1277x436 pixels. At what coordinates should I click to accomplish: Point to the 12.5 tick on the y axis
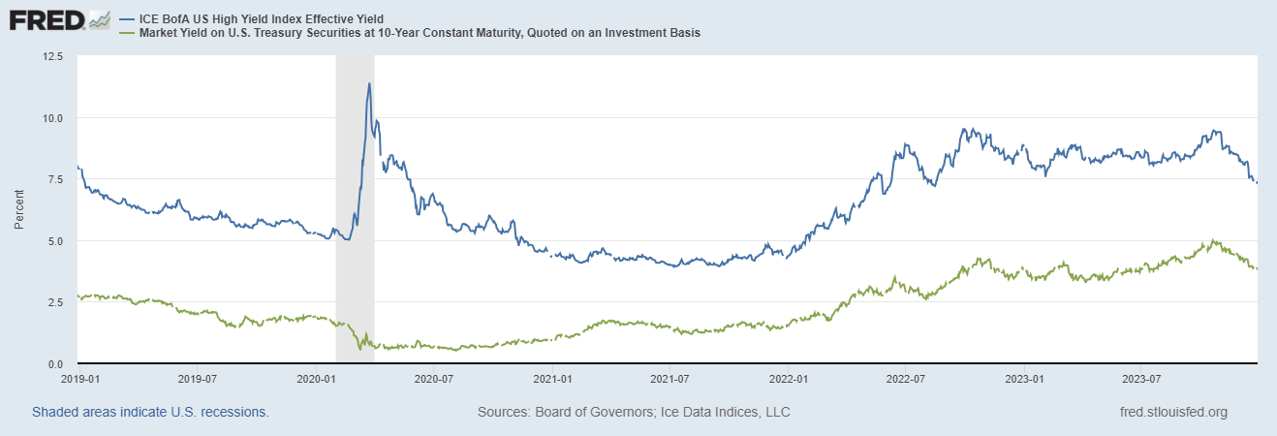[52, 56]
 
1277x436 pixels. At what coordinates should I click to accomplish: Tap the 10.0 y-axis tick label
[52, 118]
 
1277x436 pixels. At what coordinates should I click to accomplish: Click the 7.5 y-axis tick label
[54, 179]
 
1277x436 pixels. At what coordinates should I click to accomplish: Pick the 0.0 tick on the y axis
[54, 364]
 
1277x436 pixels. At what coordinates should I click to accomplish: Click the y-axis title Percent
[19, 209]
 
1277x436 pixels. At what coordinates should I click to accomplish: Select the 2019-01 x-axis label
[79, 379]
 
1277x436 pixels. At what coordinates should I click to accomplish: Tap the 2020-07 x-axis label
[433, 379]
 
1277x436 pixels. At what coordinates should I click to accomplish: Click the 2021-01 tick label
[552, 379]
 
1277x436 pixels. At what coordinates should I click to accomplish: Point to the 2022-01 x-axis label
[788, 379]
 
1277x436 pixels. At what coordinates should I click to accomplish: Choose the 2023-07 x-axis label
[1141, 379]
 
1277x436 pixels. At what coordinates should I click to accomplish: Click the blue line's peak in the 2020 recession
[369, 83]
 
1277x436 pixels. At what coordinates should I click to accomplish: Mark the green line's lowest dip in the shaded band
[359, 349]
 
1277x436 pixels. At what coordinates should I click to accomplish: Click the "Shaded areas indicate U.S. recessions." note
[150, 412]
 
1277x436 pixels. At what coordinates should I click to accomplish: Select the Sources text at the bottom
[634, 412]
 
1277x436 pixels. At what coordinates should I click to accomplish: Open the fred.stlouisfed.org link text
[1174, 412]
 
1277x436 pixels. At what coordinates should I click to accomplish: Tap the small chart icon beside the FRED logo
[100, 20]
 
